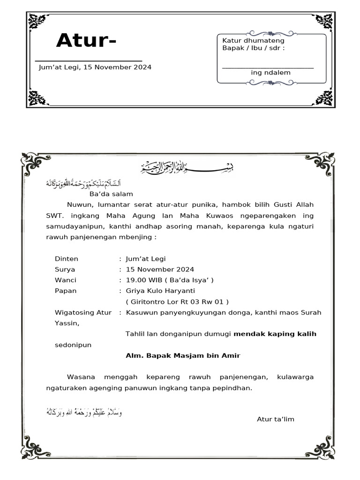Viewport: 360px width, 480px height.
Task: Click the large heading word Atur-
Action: (x=86, y=41)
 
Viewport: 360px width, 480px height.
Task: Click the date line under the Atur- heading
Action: (x=95, y=67)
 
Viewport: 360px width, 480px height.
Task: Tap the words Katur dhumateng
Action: (x=253, y=41)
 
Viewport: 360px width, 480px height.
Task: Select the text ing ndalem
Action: (x=270, y=73)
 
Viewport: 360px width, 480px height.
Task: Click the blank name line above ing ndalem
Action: (x=268, y=67)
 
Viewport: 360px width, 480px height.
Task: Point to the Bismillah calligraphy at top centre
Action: (x=187, y=166)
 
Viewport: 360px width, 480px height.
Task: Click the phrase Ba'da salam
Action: (x=111, y=194)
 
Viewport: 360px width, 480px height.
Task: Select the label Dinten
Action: (x=67, y=259)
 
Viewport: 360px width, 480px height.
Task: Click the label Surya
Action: (x=65, y=270)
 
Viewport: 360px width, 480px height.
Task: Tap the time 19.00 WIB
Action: (x=141, y=280)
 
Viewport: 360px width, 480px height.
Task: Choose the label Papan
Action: (x=66, y=291)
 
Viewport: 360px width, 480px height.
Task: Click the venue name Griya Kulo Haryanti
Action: (x=160, y=291)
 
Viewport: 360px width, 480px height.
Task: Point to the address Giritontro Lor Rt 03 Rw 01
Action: (x=177, y=301)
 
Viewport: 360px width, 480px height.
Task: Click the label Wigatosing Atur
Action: (x=83, y=313)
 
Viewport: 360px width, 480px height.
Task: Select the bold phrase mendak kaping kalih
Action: (x=275, y=334)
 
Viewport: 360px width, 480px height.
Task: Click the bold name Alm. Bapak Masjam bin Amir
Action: (x=183, y=356)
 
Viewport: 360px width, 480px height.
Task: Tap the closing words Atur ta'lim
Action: (x=276, y=419)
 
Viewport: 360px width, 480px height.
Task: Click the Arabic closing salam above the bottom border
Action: (x=83, y=412)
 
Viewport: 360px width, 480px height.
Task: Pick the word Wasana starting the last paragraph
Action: (x=81, y=377)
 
